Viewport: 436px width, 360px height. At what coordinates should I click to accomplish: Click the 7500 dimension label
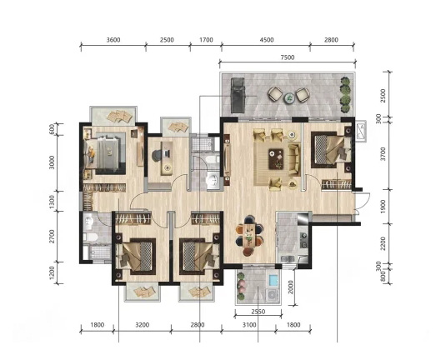click(288, 57)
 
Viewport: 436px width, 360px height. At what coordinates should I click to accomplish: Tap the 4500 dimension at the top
click(267, 40)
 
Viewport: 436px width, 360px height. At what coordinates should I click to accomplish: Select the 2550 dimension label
click(258, 312)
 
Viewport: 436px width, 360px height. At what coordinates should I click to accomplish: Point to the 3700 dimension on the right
click(383, 154)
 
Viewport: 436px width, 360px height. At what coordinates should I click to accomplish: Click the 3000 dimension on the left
click(52, 162)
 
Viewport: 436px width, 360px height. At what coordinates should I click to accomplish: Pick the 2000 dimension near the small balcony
click(291, 287)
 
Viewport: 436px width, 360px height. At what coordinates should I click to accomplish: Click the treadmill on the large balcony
click(238, 95)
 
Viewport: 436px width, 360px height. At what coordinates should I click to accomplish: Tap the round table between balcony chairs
click(289, 97)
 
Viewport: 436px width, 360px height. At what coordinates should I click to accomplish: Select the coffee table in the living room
click(276, 158)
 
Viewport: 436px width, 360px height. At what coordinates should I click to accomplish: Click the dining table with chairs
click(249, 235)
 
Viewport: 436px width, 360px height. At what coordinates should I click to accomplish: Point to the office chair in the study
click(158, 155)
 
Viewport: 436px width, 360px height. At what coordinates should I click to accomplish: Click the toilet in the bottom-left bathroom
click(90, 237)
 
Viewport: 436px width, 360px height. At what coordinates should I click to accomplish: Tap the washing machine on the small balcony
click(273, 295)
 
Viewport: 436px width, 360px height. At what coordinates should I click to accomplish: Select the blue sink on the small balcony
click(273, 280)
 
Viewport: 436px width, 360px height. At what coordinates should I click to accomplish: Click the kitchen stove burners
click(303, 240)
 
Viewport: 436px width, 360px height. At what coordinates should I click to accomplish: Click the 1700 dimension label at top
click(206, 40)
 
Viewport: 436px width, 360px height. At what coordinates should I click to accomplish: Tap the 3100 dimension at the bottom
click(249, 325)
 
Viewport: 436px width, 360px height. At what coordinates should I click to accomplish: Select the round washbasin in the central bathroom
click(213, 179)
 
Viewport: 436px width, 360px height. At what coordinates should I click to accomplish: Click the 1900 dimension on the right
click(383, 207)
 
